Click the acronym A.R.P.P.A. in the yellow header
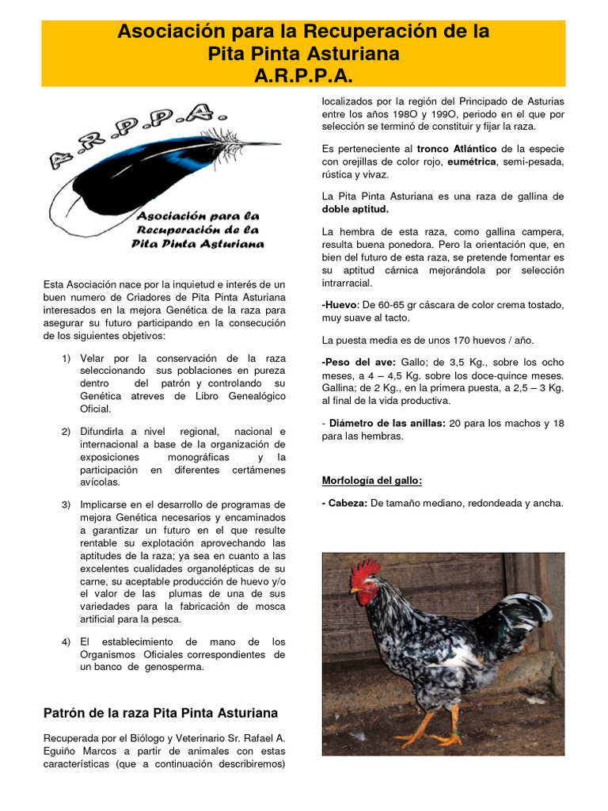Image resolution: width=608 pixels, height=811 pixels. tap(303, 75)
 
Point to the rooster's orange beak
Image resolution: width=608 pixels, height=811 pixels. tap(355, 589)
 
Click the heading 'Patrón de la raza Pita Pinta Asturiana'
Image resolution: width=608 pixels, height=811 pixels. tap(161, 713)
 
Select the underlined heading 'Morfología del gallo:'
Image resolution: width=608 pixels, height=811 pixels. tap(371, 481)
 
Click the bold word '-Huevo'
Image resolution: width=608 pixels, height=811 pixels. tap(340, 305)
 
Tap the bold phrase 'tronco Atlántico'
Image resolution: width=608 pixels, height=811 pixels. tap(456, 148)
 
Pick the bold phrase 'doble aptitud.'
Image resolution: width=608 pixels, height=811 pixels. tap(355, 209)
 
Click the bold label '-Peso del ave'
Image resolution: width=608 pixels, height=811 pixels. tap(354, 362)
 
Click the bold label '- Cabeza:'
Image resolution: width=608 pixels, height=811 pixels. tap(344, 503)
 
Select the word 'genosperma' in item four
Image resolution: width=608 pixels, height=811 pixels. tap(174, 667)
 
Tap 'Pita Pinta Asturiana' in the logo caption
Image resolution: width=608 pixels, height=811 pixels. tap(197, 244)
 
